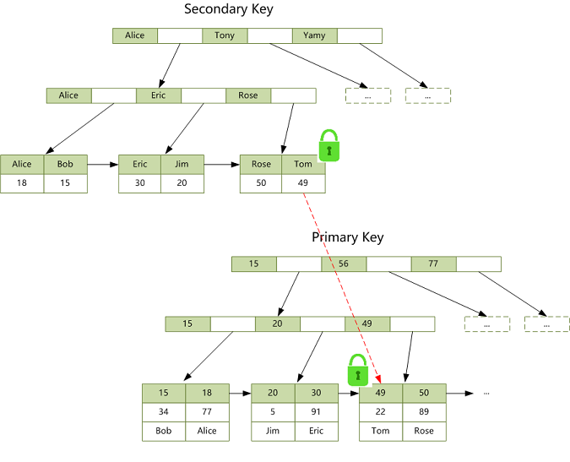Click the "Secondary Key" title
coord(228,9)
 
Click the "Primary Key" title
coord(348,237)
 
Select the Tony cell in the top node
coord(225,35)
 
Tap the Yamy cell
coord(314,35)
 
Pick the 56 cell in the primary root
coord(344,264)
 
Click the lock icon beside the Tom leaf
coord(329,145)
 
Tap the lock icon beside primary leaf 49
coord(358,370)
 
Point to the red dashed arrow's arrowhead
coord(378,379)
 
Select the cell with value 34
coord(164,412)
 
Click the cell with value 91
coord(317,412)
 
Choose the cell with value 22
coord(381,412)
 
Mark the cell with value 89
coord(424,412)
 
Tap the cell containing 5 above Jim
coord(273,412)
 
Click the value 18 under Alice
coord(22,182)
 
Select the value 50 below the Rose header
coord(261,182)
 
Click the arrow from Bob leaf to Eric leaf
coord(103,165)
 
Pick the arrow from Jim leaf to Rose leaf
coord(222,165)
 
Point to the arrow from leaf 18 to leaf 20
coord(240,394)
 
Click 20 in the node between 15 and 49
coord(277,323)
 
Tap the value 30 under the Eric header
coord(140,182)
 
